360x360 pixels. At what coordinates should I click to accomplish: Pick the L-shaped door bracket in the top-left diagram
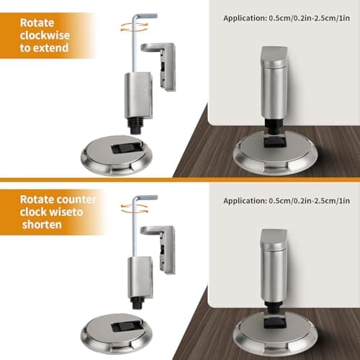click(x=163, y=65)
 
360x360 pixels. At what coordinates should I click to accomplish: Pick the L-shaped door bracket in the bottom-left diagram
click(x=162, y=248)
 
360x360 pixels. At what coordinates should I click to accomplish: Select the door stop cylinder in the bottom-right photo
click(x=274, y=266)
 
